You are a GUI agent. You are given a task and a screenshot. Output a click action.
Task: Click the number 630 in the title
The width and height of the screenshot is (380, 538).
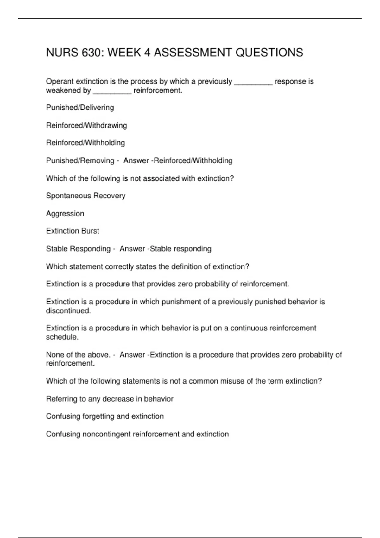[x=91, y=53]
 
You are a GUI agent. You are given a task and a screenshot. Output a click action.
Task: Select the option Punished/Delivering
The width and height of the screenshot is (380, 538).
[x=80, y=108]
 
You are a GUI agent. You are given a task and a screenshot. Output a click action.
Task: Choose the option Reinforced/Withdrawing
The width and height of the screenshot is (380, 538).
[x=86, y=125]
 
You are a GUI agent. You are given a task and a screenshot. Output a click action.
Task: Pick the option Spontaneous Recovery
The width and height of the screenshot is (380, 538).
[x=85, y=196]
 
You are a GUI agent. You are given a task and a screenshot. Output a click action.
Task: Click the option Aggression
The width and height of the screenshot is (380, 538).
[x=65, y=214]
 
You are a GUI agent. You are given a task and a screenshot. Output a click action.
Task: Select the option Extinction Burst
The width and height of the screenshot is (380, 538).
[x=73, y=231]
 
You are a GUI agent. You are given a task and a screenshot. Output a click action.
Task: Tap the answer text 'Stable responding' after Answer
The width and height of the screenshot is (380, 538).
[x=180, y=249]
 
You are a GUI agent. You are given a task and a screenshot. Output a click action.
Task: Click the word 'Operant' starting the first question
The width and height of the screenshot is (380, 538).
[x=60, y=82]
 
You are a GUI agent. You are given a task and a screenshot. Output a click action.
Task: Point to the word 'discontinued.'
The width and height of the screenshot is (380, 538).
[x=68, y=311]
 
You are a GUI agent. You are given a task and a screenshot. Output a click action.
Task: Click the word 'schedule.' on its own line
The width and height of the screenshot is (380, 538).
[x=62, y=337]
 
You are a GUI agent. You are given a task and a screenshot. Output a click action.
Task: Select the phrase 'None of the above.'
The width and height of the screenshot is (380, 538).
[x=78, y=355]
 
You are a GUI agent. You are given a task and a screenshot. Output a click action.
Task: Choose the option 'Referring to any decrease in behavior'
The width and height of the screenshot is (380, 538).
[x=110, y=399]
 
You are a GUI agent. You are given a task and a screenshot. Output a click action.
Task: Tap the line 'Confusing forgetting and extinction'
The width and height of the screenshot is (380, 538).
[x=105, y=416]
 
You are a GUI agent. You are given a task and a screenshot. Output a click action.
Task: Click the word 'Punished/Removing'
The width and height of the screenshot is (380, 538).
[x=80, y=161]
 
